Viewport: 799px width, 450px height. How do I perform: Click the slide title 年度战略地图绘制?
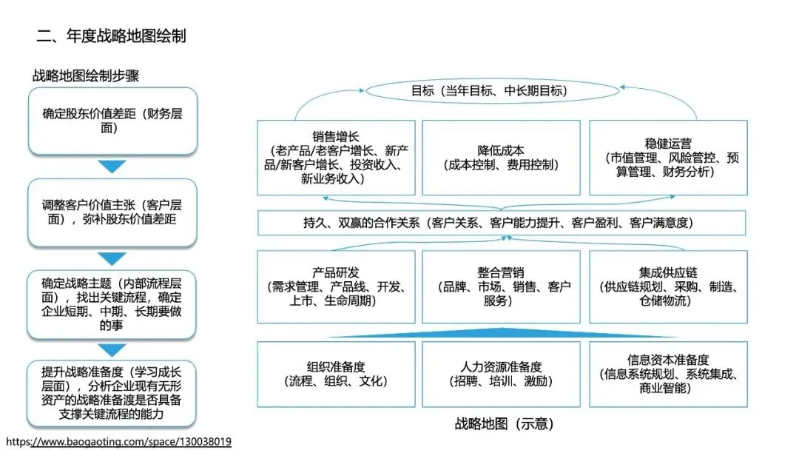(111, 36)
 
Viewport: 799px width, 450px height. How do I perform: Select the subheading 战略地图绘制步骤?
(86, 75)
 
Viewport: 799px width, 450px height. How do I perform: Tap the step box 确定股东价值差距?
(112, 121)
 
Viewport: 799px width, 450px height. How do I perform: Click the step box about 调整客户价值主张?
(112, 212)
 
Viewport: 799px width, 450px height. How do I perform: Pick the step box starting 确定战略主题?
(112, 303)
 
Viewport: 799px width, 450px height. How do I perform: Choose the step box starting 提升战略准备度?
(112, 394)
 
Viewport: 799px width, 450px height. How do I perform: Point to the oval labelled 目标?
(489, 91)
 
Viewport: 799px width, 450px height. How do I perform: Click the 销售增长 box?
(336, 158)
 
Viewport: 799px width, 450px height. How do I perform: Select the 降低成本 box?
(501, 158)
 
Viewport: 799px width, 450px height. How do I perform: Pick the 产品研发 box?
(336, 286)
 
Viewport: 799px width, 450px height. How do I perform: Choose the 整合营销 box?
(501, 286)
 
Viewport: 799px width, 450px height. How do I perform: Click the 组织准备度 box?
(336, 374)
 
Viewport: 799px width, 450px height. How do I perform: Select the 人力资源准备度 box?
(501, 374)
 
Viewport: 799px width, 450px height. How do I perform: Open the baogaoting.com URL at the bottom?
(118, 442)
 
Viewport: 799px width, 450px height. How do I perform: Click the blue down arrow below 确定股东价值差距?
(112, 167)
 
